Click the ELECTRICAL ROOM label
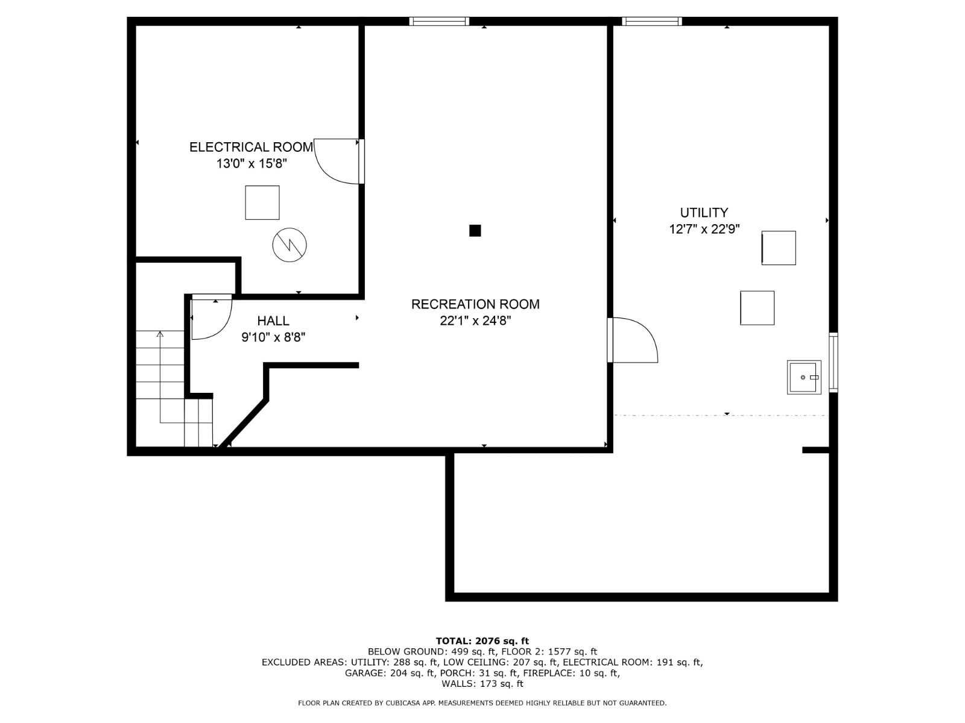[x=251, y=147]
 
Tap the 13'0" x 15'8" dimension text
[x=252, y=164]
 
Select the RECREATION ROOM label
[x=475, y=304]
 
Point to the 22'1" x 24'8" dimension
[x=475, y=321]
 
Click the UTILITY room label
[x=704, y=213]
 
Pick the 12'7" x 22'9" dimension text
[x=704, y=229]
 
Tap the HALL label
[x=273, y=321]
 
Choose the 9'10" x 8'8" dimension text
[x=273, y=337]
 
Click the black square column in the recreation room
[x=475, y=231]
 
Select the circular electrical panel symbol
[x=289, y=245]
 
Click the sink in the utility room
[x=803, y=378]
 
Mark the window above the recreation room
[x=439, y=21]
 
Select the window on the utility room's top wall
[x=651, y=21]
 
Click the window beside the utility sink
[x=833, y=363]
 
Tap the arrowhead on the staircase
[x=160, y=334]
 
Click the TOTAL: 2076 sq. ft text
[x=482, y=641]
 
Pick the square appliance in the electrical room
[x=262, y=203]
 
